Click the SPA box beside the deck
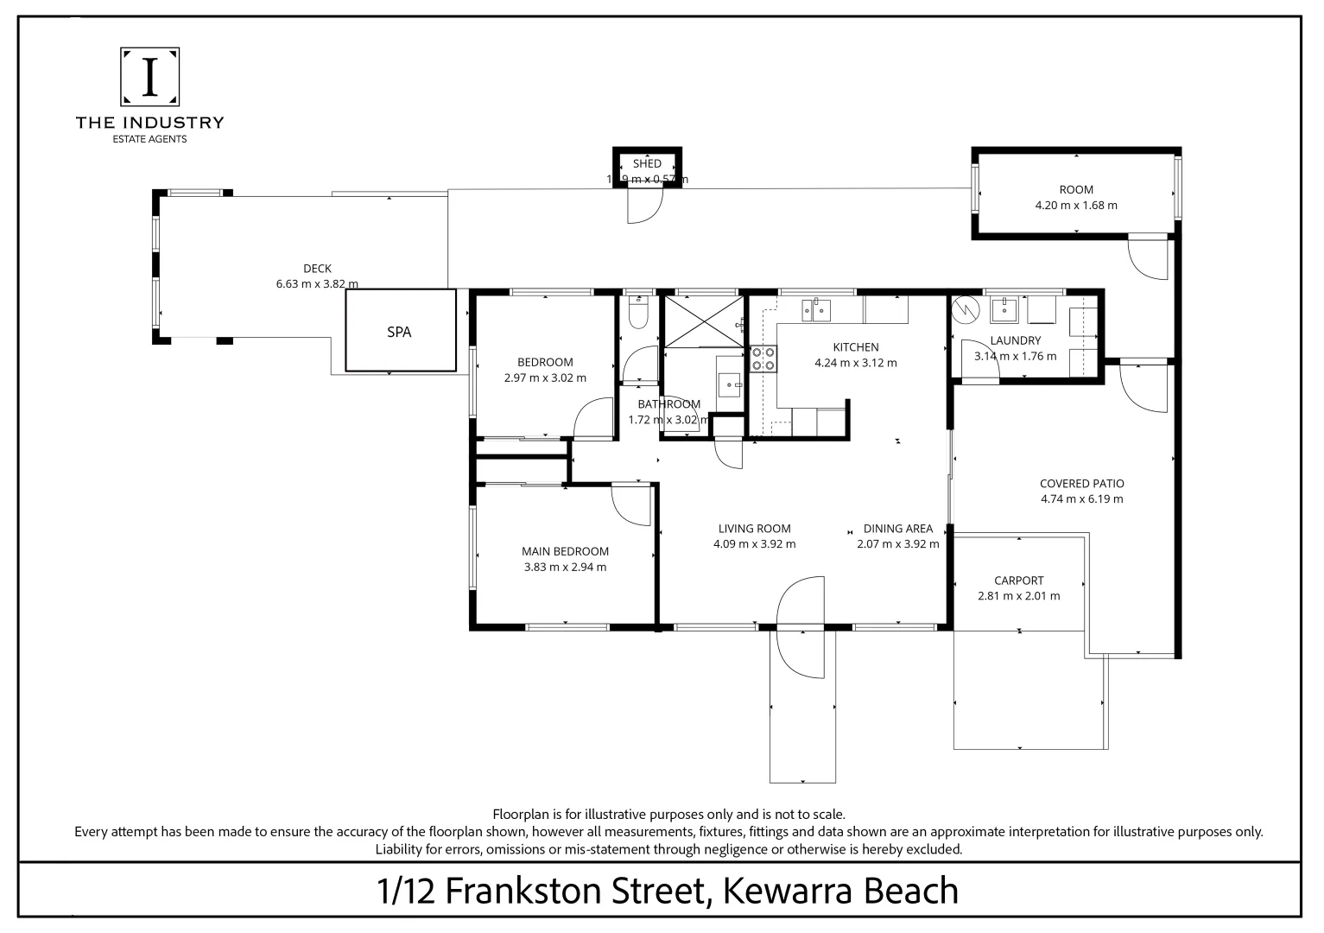[400, 331]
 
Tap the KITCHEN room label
[855, 346]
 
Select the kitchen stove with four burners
[763, 358]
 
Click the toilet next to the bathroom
[638, 313]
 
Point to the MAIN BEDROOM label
[565, 551]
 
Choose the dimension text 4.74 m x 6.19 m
[1081, 499]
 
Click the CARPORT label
[1018, 581]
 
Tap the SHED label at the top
[647, 163]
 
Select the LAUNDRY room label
[1015, 340]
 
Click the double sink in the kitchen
[815, 308]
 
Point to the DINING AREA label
[897, 528]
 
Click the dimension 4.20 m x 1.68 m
[1076, 206]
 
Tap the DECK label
[317, 268]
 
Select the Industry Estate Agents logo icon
[149, 76]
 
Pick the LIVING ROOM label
[754, 528]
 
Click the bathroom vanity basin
[732, 382]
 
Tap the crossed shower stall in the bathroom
[702, 321]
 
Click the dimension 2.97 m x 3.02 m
[545, 378]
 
